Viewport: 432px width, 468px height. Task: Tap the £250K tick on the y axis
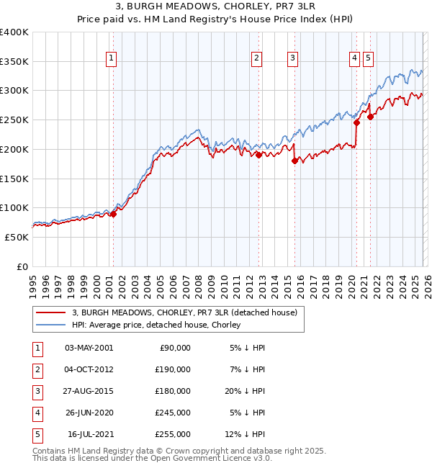coord(14,120)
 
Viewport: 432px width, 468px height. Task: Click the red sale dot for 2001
coord(113,214)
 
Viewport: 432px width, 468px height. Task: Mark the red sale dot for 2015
coord(294,161)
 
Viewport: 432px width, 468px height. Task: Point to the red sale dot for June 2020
coord(356,123)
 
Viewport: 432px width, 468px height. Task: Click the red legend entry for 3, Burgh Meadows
coord(189,312)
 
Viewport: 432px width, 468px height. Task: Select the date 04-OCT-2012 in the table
coord(89,369)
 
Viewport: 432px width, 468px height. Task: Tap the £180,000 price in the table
coord(173,391)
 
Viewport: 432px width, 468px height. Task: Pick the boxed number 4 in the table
coord(36,413)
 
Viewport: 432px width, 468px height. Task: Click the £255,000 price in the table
coord(173,435)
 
